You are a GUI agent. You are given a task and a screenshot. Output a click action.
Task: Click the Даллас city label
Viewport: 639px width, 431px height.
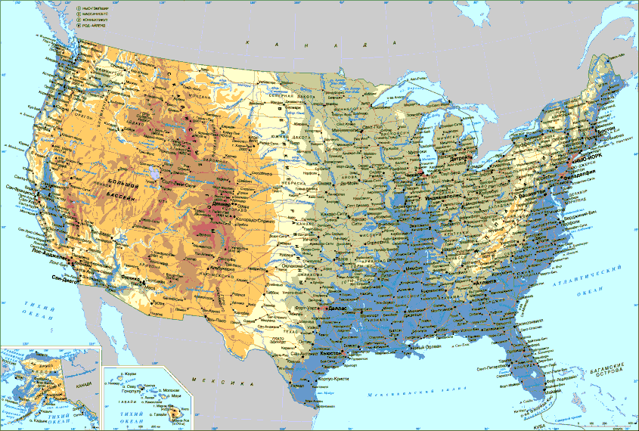coord(338,309)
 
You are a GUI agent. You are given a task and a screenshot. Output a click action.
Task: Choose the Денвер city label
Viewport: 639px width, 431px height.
coord(222,204)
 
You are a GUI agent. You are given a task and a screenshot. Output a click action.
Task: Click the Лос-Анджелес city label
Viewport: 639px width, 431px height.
coord(48,255)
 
